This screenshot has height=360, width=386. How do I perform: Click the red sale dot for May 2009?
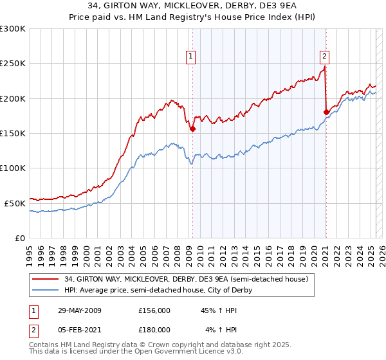point(192,129)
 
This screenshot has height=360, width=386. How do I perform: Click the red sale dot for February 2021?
point(326,112)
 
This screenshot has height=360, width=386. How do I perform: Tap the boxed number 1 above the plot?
point(192,57)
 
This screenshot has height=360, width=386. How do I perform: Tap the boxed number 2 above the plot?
point(325,55)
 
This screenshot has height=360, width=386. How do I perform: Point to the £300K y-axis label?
point(13,29)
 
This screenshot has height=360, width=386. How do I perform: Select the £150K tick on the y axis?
point(13,134)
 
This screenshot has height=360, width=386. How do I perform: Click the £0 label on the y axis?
point(21,238)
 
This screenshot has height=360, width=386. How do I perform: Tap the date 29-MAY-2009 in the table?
point(79,310)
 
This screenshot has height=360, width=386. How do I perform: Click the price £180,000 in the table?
point(154,330)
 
